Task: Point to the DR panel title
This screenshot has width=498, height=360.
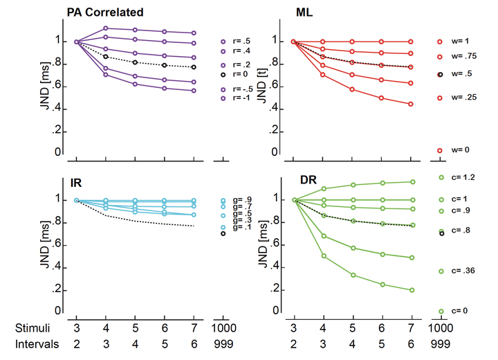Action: [308, 180]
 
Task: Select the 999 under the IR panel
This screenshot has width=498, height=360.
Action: [222, 343]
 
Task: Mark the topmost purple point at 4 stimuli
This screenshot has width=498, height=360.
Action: [105, 28]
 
